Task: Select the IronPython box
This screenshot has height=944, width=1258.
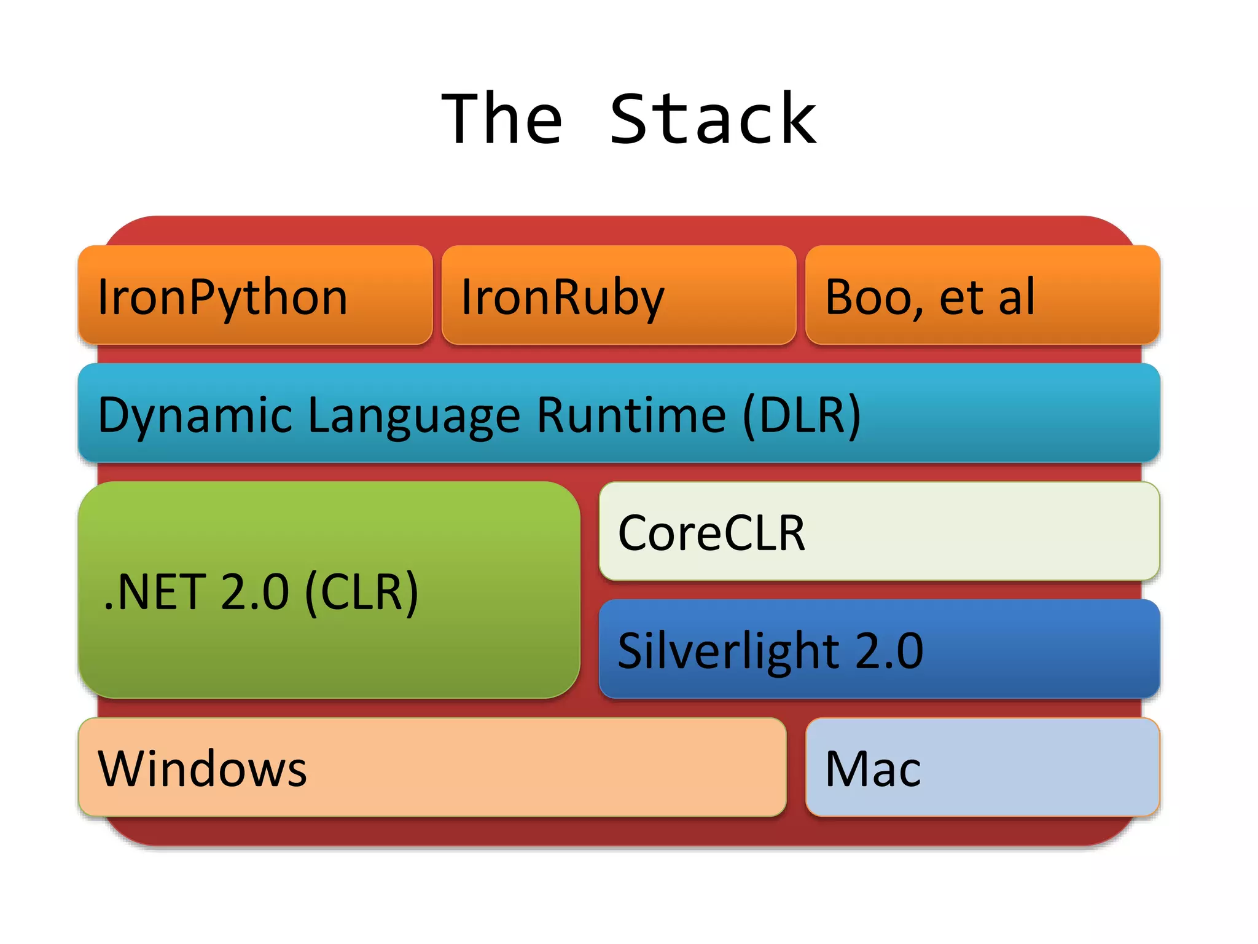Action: click(255, 295)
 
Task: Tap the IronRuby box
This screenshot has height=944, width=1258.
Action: click(619, 295)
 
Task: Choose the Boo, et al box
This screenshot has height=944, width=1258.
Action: click(982, 295)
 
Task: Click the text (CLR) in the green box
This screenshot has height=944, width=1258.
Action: click(362, 592)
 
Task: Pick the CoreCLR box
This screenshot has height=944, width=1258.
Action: click(879, 532)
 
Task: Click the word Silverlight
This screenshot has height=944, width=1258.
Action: click(728, 650)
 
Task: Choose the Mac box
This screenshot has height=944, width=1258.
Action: click(982, 768)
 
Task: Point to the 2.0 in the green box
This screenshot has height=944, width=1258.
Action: click(254, 592)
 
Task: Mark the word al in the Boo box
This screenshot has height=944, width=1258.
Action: click(1017, 297)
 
